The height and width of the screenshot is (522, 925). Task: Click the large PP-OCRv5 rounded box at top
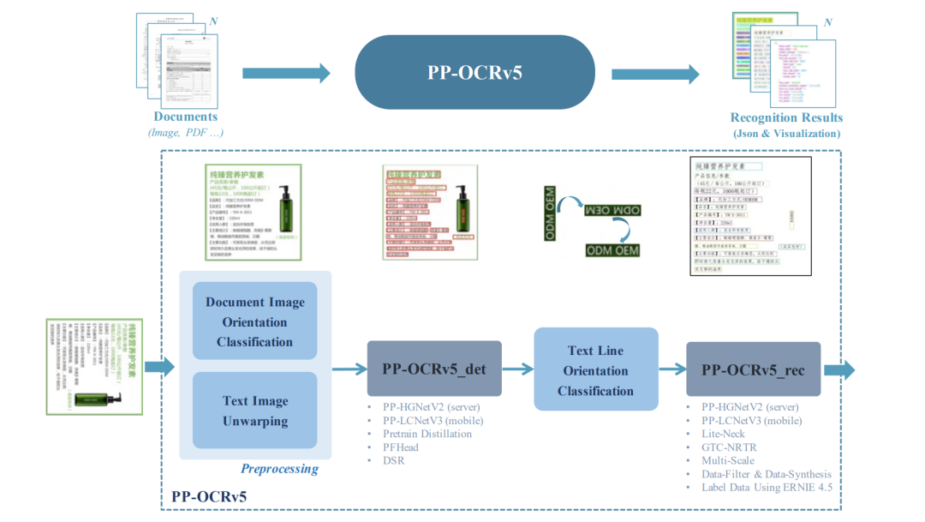tap(474, 72)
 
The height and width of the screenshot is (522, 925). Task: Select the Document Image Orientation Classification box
tap(254, 322)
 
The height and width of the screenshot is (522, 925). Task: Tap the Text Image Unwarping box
tap(254, 411)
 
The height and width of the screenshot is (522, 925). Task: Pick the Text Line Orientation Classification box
tap(595, 370)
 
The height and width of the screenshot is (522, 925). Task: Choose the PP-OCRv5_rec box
tap(753, 369)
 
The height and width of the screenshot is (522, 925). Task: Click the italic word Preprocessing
tap(279, 469)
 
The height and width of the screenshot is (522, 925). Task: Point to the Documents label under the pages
tap(186, 117)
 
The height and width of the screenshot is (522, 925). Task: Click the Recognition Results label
tap(786, 117)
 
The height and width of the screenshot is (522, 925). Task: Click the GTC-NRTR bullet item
tap(729, 447)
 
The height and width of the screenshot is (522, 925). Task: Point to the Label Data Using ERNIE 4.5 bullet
tap(766, 488)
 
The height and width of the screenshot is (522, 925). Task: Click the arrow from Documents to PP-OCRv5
tap(286, 74)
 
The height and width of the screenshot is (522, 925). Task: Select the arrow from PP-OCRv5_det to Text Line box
tap(517, 369)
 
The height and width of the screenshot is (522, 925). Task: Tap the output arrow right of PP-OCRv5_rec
tap(839, 369)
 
